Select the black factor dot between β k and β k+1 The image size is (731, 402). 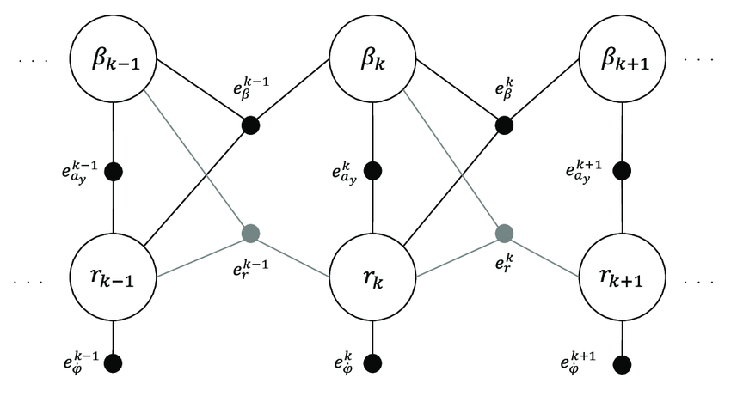504,125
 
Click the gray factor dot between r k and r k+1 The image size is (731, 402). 504,232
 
